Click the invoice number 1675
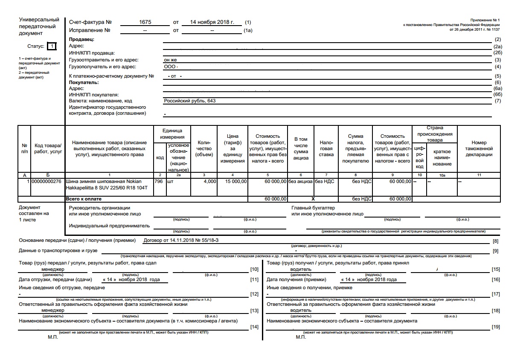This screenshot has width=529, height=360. [145, 22]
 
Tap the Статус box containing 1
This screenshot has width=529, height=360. [51, 46]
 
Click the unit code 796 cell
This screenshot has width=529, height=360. [159, 181]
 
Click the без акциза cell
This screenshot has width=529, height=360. [300, 181]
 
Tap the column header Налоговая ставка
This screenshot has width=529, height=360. [326, 148]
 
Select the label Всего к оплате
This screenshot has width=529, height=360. [84, 199]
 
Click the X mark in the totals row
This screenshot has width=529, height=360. [313, 199]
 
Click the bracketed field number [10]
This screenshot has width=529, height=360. [254, 269]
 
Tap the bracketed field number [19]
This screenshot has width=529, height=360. [495, 327]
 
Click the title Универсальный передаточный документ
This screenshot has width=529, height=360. [39, 26]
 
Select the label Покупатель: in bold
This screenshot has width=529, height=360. [84, 82]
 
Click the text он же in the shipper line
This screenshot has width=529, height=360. [170, 60]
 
